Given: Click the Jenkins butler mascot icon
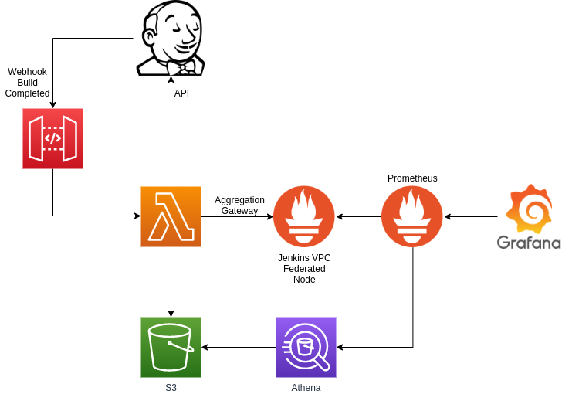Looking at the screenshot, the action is click(x=171, y=38).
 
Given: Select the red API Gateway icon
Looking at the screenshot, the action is click(x=52, y=138).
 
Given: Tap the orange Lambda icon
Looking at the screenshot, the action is click(x=171, y=217).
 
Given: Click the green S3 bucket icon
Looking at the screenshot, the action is click(x=171, y=348).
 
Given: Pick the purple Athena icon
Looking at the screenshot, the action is click(x=306, y=348).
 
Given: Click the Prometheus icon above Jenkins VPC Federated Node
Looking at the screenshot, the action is click(x=304, y=216).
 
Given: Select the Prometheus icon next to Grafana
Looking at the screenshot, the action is click(x=412, y=216).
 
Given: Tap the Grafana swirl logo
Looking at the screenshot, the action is click(x=529, y=209).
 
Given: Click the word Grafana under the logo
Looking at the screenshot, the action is click(x=529, y=243).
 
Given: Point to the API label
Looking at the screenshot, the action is click(x=181, y=93).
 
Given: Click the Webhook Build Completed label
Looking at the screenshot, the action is click(x=27, y=83).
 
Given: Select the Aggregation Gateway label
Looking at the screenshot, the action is click(x=239, y=205).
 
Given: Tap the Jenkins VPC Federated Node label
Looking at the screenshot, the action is click(x=304, y=269).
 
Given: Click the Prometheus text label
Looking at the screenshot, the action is click(x=412, y=178).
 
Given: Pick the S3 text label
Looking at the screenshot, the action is click(x=171, y=388).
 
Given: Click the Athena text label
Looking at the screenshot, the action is click(x=306, y=388).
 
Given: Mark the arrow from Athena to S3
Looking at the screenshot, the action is click(x=239, y=348).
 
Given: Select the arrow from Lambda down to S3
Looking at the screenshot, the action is click(x=171, y=282).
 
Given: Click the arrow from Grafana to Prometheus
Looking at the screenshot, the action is click(x=471, y=217).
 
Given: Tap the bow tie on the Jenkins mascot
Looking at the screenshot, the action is click(x=183, y=67).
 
